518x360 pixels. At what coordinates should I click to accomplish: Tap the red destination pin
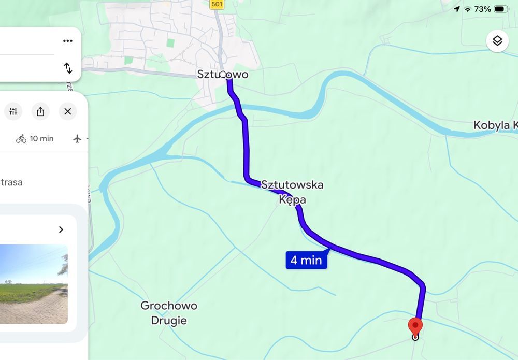(x=415, y=327)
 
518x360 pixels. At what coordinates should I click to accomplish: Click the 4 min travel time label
(x=306, y=260)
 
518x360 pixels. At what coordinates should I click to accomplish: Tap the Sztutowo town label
(x=223, y=75)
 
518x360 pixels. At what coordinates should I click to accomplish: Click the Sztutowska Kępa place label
(x=293, y=192)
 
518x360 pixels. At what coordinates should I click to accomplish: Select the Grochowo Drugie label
(x=169, y=313)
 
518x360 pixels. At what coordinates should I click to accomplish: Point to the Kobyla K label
(x=495, y=125)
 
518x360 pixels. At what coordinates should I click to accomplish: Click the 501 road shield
(x=217, y=5)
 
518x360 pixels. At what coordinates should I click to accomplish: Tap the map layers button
(x=497, y=41)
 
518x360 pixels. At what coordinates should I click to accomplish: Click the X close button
(x=67, y=111)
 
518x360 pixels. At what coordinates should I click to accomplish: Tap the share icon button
(x=40, y=111)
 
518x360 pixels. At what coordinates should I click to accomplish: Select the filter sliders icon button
(x=13, y=111)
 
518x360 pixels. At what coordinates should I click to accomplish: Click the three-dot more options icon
(x=67, y=41)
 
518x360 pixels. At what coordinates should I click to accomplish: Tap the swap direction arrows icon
(x=68, y=68)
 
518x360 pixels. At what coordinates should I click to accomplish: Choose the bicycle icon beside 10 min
(x=21, y=138)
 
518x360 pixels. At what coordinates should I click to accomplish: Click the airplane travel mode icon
(x=78, y=138)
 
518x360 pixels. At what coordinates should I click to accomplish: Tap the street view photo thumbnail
(x=34, y=284)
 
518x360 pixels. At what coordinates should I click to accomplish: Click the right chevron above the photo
(x=61, y=229)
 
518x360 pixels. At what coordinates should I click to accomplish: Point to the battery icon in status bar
(x=501, y=9)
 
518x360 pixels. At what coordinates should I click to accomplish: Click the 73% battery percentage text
(x=482, y=9)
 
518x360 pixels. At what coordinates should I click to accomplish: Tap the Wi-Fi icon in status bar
(x=468, y=9)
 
